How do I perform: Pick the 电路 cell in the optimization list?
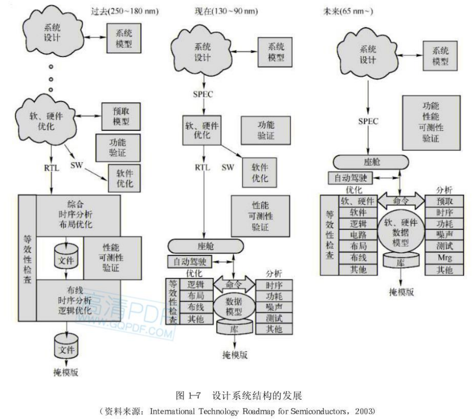click(358, 235)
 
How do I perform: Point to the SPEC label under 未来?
click(368, 122)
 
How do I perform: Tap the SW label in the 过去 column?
click(76, 165)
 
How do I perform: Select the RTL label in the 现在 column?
click(203, 167)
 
